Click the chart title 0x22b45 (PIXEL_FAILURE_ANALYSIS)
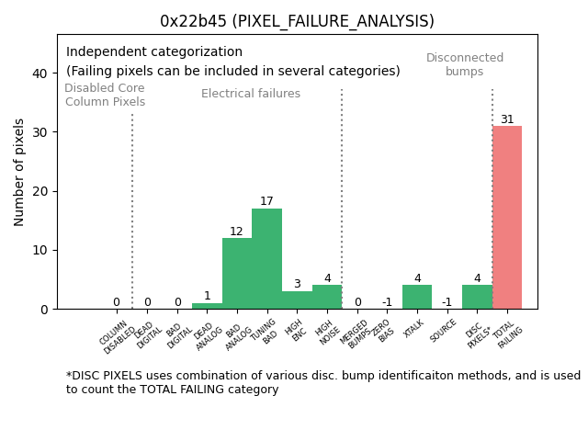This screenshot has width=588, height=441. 297,21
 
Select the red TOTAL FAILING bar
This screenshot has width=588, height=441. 506,218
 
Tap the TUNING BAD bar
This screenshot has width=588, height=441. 266,259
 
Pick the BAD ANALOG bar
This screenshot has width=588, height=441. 237,274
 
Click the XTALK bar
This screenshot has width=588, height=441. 416,297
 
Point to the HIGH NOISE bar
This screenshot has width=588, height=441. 326,297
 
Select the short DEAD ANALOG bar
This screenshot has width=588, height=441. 207,306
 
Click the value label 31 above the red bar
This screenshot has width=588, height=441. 507,119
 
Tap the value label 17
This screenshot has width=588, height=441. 266,201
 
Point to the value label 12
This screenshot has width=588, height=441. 236,232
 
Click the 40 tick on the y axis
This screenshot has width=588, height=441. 40,73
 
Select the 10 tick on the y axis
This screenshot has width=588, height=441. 40,250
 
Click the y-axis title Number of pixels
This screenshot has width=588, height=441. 19,172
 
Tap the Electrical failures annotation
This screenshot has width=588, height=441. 251,94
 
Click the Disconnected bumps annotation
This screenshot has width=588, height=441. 465,64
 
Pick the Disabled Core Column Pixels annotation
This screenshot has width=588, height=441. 105,95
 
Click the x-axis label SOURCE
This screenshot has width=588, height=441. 444,330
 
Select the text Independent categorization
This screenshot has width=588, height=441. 154,52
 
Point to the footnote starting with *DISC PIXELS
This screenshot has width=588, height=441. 322,382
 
